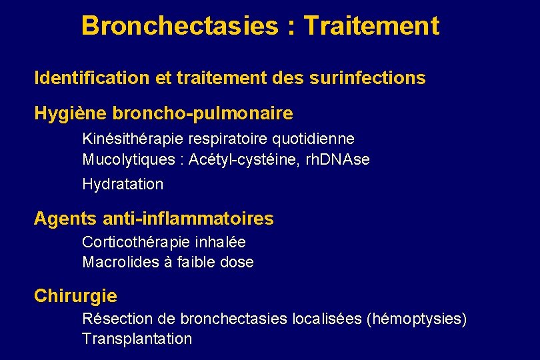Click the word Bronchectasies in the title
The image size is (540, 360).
click(179, 26)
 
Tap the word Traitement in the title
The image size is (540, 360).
click(371, 26)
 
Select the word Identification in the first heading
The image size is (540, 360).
click(92, 78)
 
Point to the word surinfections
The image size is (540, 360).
click(367, 78)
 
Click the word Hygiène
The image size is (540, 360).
click(71, 113)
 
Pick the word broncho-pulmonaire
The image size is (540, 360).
click(203, 113)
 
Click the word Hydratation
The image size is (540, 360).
click(123, 184)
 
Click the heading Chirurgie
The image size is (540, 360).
click(75, 296)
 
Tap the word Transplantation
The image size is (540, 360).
click(137, 339)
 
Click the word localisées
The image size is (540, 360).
click(327, 319)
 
